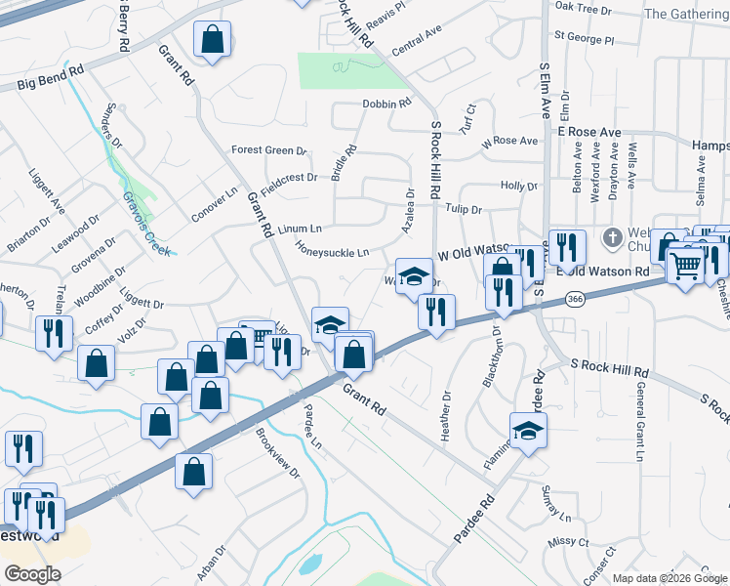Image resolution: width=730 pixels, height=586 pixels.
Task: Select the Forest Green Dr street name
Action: click(x=268, y=150)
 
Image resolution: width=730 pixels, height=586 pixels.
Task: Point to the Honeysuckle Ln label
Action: click(x=333, y=252)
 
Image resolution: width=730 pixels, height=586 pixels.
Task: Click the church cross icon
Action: click(x=612, y=237)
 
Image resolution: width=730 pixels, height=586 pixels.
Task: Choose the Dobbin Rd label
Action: click(x=386, y=104)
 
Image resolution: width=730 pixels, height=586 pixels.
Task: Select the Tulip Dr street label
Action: click(x=464, y=209)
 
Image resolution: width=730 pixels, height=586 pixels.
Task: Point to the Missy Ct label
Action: click(x=569, y=541)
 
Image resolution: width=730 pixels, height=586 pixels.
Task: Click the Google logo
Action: click(x=32, y=574)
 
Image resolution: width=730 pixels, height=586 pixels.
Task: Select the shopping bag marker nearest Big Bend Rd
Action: click(x=211, y=40)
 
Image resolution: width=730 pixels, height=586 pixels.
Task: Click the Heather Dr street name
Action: click(x=446, y=416)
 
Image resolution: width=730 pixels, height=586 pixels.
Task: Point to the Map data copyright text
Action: click(x=669, y=578)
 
